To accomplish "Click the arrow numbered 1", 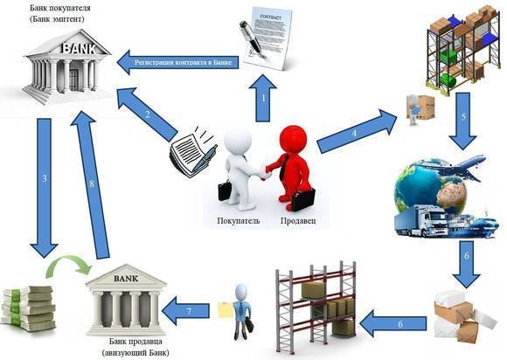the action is pyautogui.click(x=263, y=98).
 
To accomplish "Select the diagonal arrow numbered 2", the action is pyautogui.click(x=147, y=114).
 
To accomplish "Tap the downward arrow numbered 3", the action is pyautogui.click(x=45, y=188).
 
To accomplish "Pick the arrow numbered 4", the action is pyautogui.click(x=357, y=131).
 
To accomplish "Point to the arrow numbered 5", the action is pyautogui.click(x=462, y=121).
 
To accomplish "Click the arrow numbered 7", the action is pyautogui.click(x=185, y=311).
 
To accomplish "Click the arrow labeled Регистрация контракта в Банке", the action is pyautogui.click(x=177, y=62).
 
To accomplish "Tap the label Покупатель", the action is pyautogui.click(x=239, y=221).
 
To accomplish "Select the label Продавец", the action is pyautogui.click(x=298, y=221).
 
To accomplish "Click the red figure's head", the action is pyautogui.click(x=293, y=139).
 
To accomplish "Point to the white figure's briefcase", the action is pyautogui.click(x=225, y=190).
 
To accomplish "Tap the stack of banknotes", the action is pyautogui.click(x=28, y=308).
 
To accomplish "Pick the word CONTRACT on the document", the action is pyautogui.click(x=271, y=17).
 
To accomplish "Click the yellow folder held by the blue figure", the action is pyautogui.click(x=225, y=309).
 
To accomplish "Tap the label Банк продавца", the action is pyautogui.click(x=135, y=342).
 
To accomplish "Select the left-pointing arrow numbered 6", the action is pyautogui.click(x=392, y=323).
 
